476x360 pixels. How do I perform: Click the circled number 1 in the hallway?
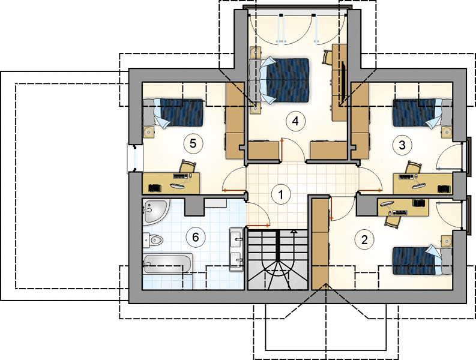[x=281, y=194]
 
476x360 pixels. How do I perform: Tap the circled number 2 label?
[x=364, y=240]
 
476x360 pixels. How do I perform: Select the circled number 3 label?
[x=402, y=145]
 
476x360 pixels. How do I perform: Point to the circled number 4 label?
[x=295, y=121]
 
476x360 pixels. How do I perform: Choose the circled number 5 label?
[x=193, y=143]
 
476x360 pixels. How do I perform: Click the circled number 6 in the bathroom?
[x=195, y=237]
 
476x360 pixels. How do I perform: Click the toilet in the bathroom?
[x=152, y=241]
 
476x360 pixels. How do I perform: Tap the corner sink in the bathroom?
[x=155, y=212]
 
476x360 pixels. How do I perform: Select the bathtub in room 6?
[x=167, y=264]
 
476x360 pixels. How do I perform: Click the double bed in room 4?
[x=279, y=80]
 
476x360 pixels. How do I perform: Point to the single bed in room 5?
[x=173, y=112]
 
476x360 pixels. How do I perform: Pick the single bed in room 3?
[x=423, y=112]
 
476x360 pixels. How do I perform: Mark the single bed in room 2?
[x=423, y=261]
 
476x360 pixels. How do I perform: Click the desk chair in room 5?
[x=187, y=166]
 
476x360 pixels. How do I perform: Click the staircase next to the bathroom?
[x=278, y=260]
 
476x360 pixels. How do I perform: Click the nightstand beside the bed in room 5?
[x=148, y=133]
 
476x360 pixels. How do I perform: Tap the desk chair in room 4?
[x=327, y=58]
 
